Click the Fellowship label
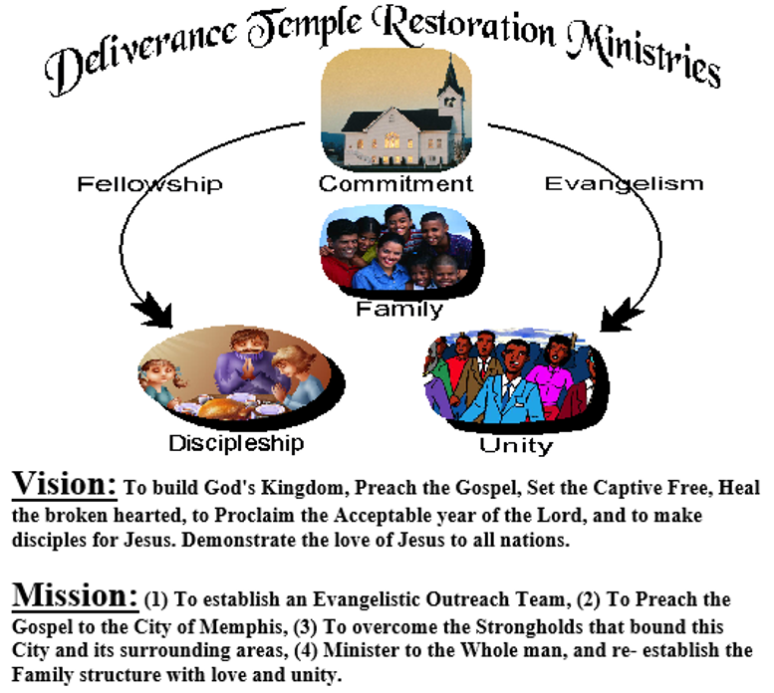[x=148, y=183]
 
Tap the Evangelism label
[x=624, y=183]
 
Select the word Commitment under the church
[x=395, y=184]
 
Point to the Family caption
[x=399, y=309]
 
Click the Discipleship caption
[x=235, y=441]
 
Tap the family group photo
[x=398, y=250]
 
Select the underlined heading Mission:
[x=75, y=595]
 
